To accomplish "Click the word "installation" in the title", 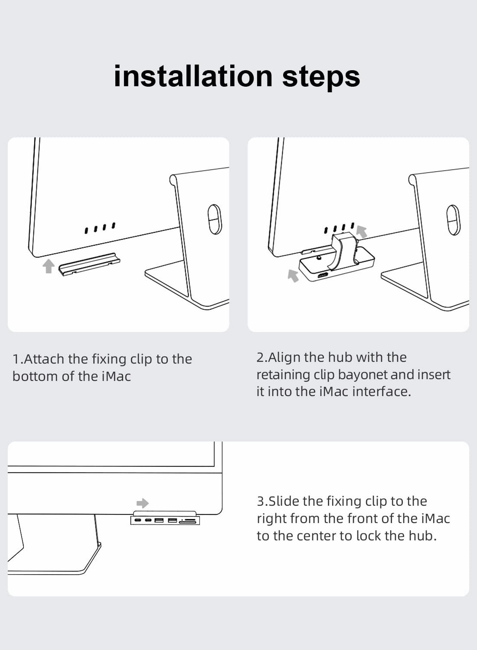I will click(193, 76).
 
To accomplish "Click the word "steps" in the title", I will click(321, 77).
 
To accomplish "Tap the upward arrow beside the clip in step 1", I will click(48, 266).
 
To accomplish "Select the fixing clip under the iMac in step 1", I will click(89, 264).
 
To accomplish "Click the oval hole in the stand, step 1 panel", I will click(215, 219).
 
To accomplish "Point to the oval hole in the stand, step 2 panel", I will click(453, 220).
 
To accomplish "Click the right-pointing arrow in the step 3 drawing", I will click(143, 503).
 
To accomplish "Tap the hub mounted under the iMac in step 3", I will click(165, 520).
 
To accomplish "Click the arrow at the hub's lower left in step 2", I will click(294, 275).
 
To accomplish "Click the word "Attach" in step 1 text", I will click(44, 359).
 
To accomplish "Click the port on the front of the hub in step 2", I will click(323, 276).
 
